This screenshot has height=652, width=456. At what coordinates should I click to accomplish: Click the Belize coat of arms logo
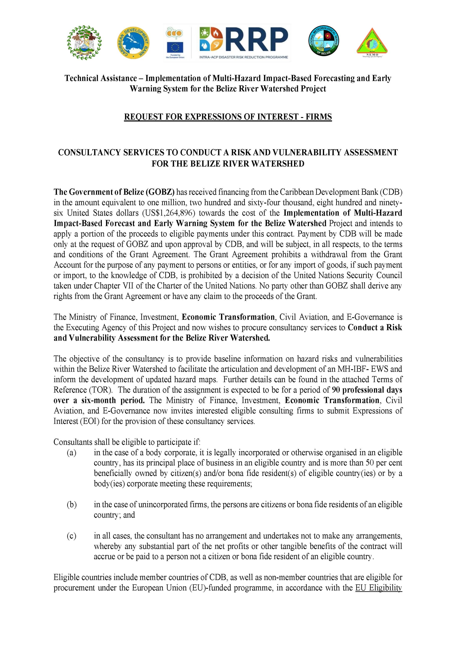tap(84, 43)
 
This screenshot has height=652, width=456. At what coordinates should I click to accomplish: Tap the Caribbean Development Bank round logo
tap(133, 43)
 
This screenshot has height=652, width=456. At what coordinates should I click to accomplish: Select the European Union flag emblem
tap(175, 47)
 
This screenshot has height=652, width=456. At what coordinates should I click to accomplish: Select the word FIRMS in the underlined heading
tap(319, 117)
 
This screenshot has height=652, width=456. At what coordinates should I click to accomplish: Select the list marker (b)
tap(72, 505)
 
